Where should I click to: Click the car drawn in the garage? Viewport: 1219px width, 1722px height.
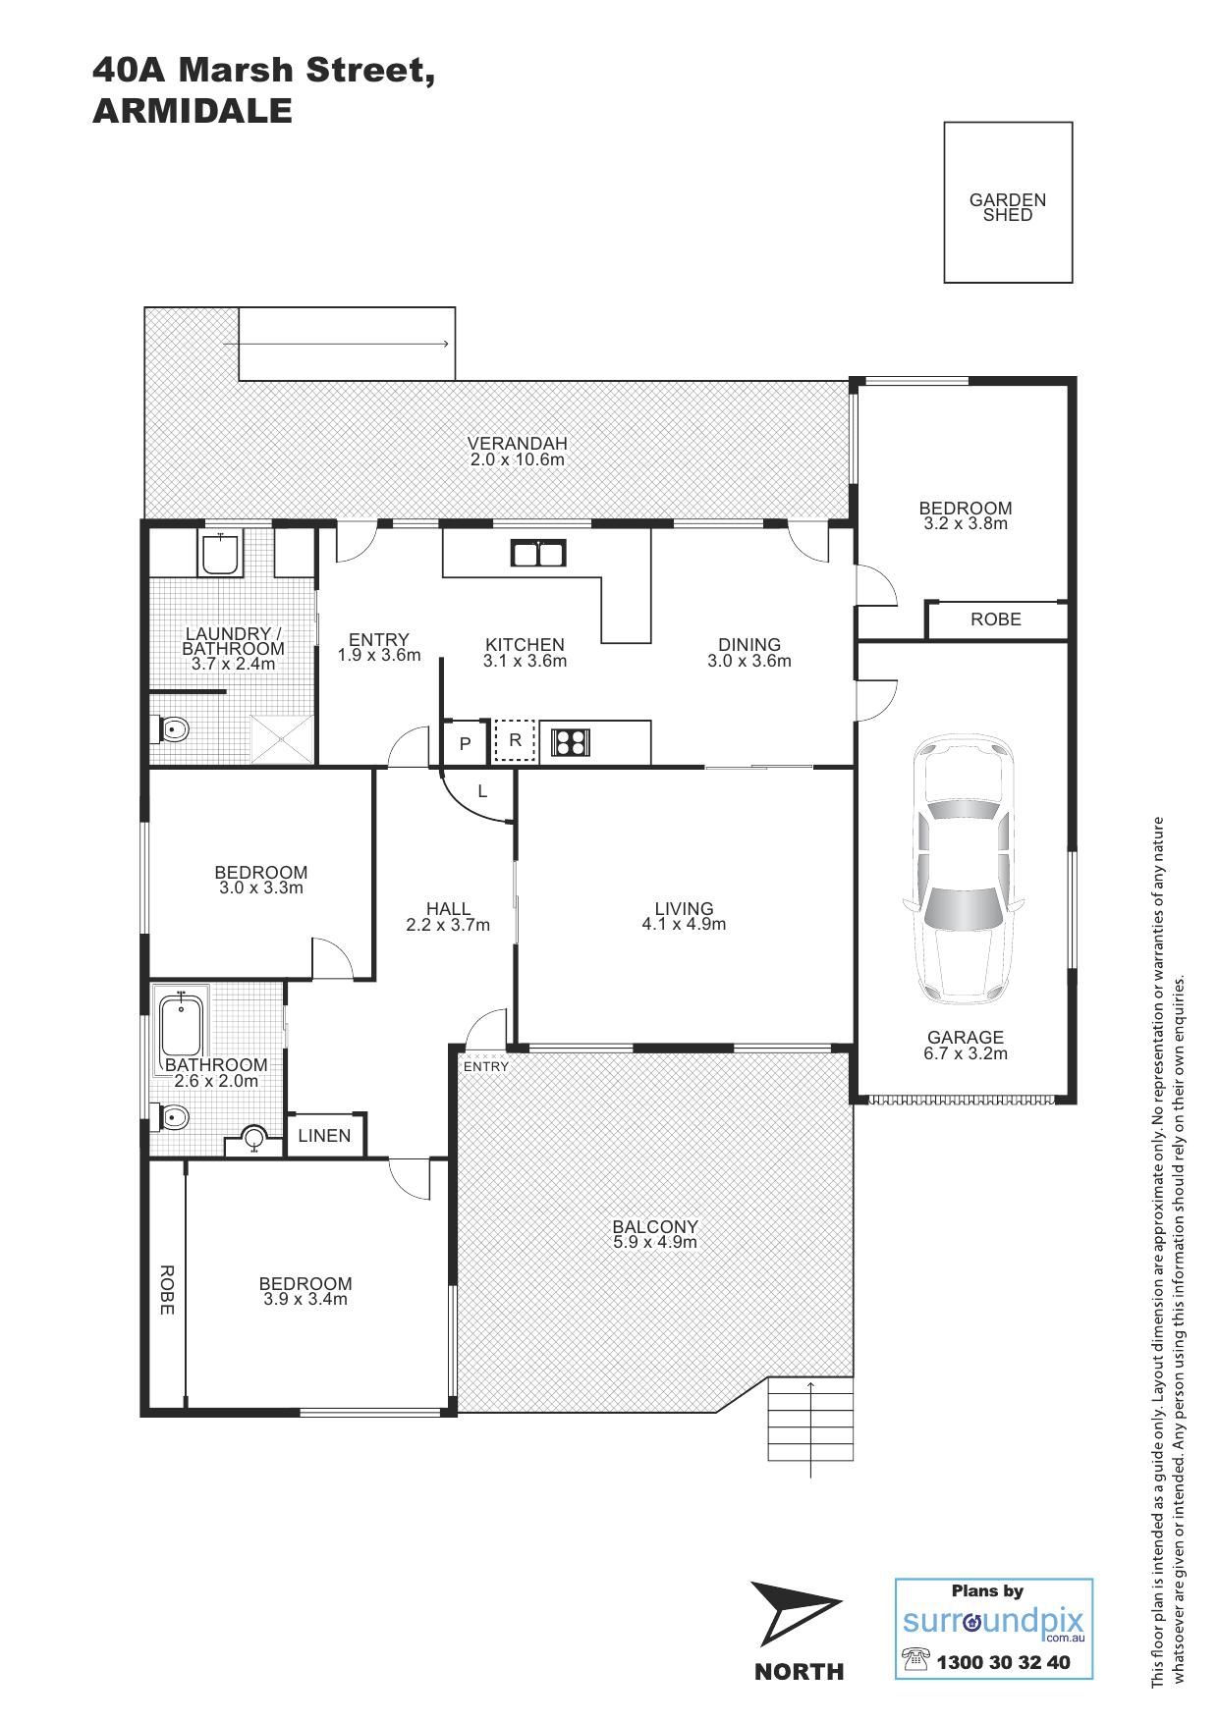pos(963,870)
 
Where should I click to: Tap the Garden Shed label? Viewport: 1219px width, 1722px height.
pos(1008,207)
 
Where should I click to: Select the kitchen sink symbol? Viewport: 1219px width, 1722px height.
pos(537,554)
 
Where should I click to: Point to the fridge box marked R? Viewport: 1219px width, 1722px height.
pos(515,741)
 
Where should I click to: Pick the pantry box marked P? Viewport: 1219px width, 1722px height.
pos(466,743)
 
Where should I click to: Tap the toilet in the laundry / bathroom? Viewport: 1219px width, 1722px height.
pos(171,729)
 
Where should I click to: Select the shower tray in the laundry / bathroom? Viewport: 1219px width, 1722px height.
pos(283,739)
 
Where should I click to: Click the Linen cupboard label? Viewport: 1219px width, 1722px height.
pos(324,1136)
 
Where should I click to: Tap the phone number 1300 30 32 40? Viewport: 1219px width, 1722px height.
pos(1003,1662)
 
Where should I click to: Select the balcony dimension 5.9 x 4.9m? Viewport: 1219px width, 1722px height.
pos(655,1242)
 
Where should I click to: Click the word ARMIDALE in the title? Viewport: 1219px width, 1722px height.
pos(193,111)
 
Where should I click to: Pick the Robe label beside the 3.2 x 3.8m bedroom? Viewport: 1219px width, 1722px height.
pos(996,619)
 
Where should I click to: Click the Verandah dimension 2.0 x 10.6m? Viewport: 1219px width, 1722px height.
pos(517,459)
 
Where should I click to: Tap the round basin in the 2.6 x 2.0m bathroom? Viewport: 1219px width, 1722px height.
pos(254,1138)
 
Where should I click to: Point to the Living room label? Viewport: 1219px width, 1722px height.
pos(685,908)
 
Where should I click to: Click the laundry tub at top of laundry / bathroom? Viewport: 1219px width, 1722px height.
pos(221,555)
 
